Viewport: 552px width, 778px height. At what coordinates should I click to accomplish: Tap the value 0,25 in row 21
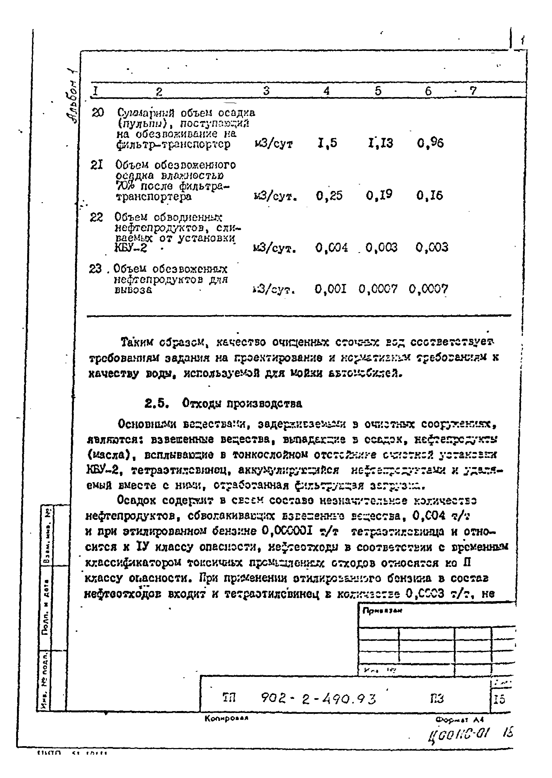point(329,196)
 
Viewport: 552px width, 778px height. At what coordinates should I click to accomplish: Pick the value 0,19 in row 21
point(379,195)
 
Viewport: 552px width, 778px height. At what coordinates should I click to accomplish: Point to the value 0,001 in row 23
point(330,289)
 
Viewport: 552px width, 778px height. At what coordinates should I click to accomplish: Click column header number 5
point(378,91)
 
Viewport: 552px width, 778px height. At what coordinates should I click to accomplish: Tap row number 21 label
point(97,165)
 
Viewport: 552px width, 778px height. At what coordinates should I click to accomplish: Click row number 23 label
point(96,269)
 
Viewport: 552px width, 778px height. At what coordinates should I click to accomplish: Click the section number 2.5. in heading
point(157,404)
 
